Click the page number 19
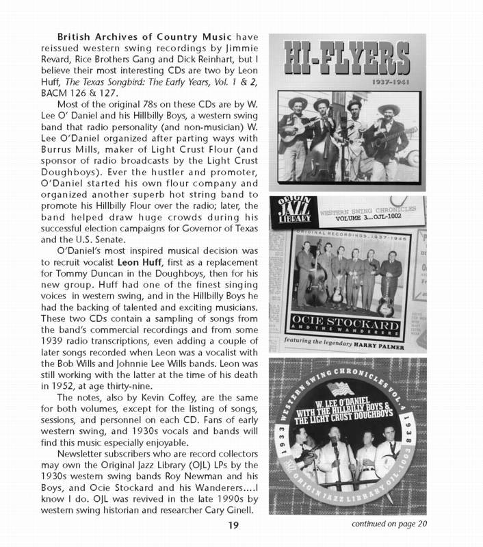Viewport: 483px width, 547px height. point(233,525)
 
